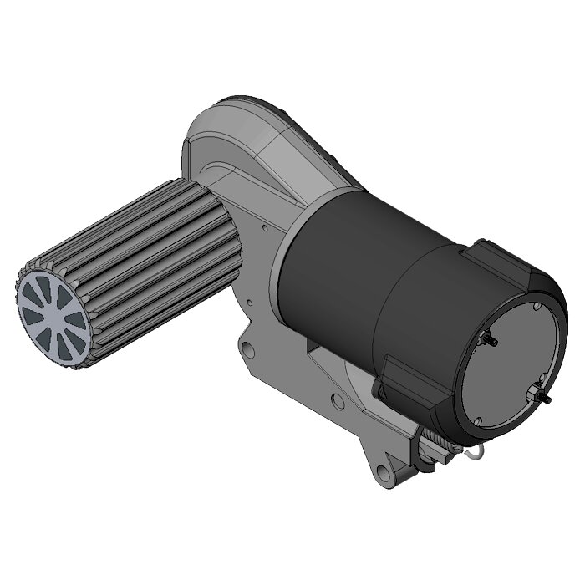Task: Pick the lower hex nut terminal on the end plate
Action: pyautogui.click(x=537, y=396)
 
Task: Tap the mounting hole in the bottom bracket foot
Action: pyautogui.click(x=386, y=474)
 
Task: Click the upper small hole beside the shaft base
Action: pyautogui.click(x=264, y=225)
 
